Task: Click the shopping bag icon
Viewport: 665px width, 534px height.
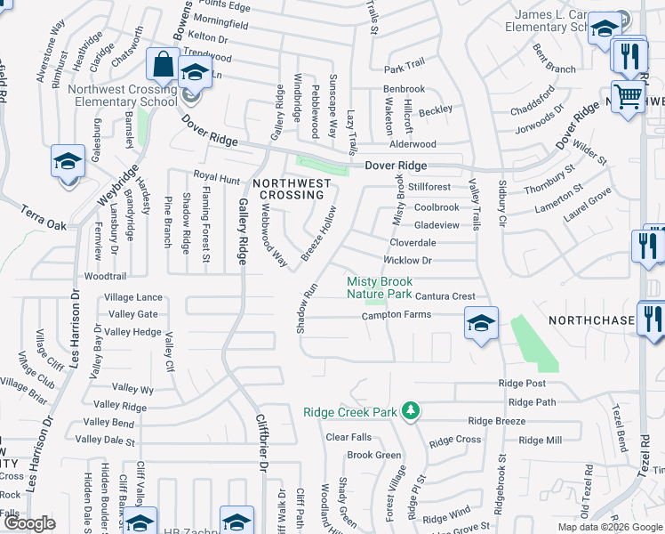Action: click(x=164, y=65)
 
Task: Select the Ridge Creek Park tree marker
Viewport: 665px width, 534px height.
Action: click(x=410, y=410)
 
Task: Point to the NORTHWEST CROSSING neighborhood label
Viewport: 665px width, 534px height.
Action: click(x=291, y=189)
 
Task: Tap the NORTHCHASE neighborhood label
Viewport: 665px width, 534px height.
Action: click(x=591, y=320)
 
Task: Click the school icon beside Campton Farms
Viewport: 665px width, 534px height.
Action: click(x=481, y=323)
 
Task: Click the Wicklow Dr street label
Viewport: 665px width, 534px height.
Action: click(x=407, y=261)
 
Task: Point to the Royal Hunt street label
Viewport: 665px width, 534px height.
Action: click(x=217, y=178)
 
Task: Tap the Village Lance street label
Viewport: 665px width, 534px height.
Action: click(x=133, y=297)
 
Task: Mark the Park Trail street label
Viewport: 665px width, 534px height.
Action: click(x=405, y=69)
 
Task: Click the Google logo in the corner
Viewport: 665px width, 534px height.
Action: click(x=29, y=523)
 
